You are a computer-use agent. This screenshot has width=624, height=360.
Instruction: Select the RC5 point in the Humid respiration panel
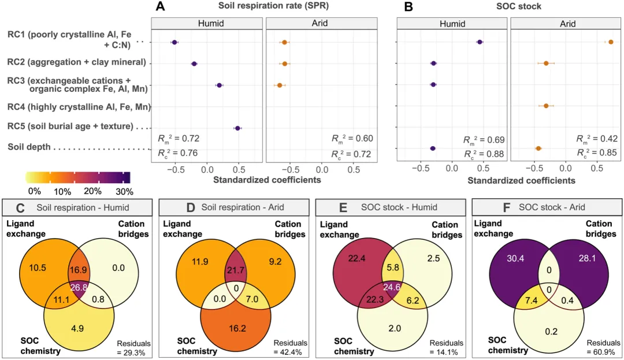[237, 128]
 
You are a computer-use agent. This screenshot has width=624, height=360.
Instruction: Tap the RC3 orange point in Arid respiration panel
[280, 85]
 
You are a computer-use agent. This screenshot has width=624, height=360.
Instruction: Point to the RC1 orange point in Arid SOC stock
[610, 42]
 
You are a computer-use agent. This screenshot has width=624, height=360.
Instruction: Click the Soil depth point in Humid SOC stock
[433, 149]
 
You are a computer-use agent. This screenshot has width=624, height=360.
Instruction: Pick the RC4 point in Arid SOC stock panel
[545, 106]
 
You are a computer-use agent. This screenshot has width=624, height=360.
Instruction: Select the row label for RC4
[78, 106]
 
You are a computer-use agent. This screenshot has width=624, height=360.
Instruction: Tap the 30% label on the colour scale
[124, 191]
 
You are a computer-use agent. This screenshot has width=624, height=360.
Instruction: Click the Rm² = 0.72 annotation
[179, 138]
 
